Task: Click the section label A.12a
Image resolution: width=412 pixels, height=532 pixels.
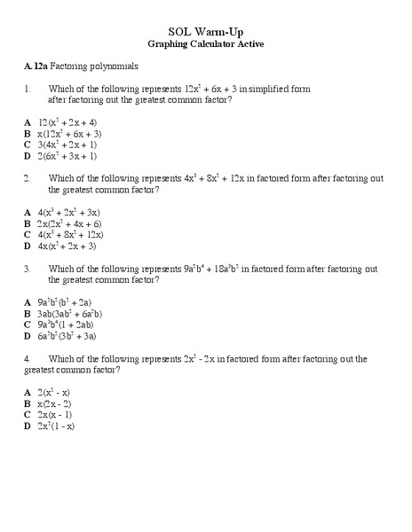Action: coord(36,66)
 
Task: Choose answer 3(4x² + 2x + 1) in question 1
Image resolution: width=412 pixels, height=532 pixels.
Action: coord(67,144)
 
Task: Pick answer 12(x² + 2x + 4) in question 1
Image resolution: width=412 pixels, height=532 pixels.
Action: coord(67,121)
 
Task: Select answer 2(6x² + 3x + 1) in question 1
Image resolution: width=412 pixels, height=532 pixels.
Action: coord(67,155)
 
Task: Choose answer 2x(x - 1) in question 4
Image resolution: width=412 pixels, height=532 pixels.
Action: coord(55,414)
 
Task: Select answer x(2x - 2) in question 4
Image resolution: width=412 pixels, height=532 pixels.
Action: coord(55,403)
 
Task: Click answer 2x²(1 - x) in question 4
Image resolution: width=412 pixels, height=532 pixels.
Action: coord(56,426)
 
